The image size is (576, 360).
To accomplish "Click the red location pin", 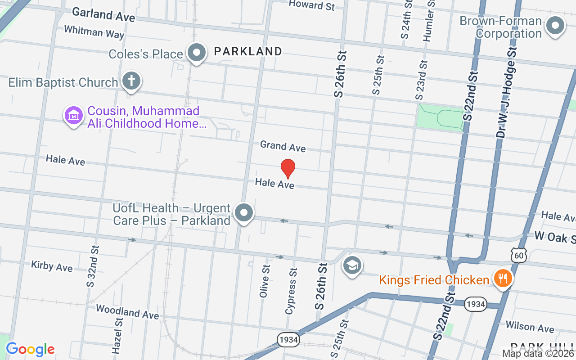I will point(288,168).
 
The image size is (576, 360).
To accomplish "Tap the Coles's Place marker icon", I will point(197,53).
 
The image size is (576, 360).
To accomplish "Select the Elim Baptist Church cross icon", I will point(131,81).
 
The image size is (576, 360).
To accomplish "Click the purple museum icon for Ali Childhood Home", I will point(74,116).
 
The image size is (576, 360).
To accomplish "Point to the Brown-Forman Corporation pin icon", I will point(555,26).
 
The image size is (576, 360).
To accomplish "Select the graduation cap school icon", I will point(352,266).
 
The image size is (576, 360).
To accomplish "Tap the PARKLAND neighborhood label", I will point(248,51).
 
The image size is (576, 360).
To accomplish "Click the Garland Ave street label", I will point(103,14).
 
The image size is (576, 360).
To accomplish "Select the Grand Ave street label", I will point(283,146).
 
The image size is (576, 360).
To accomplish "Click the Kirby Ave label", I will point(52,266).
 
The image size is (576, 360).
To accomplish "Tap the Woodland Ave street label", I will point(127,311).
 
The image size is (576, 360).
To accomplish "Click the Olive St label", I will point(265,281).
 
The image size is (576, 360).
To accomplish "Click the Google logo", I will point(30,349).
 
